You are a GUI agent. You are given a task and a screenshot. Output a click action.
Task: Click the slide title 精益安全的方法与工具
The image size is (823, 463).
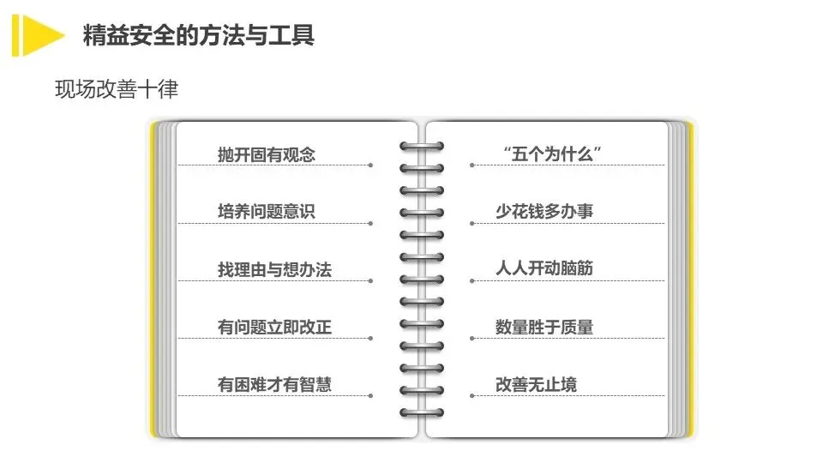[x=198, y=35]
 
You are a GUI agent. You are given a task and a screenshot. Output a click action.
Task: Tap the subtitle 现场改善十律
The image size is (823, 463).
[x=117, y=89]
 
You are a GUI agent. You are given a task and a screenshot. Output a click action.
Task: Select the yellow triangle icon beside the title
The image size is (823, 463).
[x=39, y=35]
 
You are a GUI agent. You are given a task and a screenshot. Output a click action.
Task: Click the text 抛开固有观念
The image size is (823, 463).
[x=267, y=154]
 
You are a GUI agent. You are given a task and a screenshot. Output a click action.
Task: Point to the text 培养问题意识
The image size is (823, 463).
[x=267, y=211]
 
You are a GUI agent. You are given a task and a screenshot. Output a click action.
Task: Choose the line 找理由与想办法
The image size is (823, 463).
[x=274, y=269]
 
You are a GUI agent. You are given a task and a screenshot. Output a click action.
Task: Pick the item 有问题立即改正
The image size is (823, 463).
[x=274, y=327]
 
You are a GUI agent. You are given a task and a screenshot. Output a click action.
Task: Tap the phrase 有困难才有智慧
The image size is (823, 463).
[x=274, y=384]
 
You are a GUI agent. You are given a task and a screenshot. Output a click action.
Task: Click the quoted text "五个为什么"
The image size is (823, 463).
[x=551, y=154]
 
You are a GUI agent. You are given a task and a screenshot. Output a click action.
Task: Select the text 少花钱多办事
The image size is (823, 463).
[x=544, y=211]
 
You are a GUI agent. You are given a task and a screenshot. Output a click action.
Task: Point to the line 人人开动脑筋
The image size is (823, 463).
[x=544, y=268]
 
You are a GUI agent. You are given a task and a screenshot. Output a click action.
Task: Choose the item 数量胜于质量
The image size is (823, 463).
[x=544, y=327]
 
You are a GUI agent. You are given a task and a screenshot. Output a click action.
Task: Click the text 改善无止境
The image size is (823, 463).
[x=536, y=384]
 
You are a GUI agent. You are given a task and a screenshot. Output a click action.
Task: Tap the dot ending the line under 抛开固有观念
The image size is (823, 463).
[x=370, y=165]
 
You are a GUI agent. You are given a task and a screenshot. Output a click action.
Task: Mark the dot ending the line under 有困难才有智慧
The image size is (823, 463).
[x=370, y=395]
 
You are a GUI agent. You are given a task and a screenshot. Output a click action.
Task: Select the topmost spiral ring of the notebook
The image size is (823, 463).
[x=422, y=146]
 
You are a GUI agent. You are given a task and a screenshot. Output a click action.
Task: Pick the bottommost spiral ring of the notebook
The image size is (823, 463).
[x=422, y=413]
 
